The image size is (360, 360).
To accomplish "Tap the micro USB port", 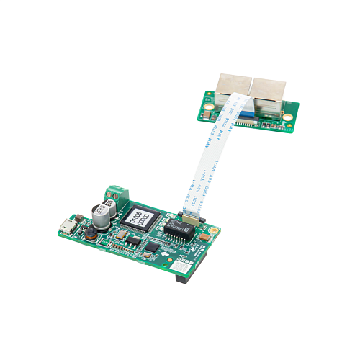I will (66, 225).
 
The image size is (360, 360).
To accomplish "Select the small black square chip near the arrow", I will (151, 247).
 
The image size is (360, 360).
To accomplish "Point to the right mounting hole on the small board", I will (289, 125).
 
